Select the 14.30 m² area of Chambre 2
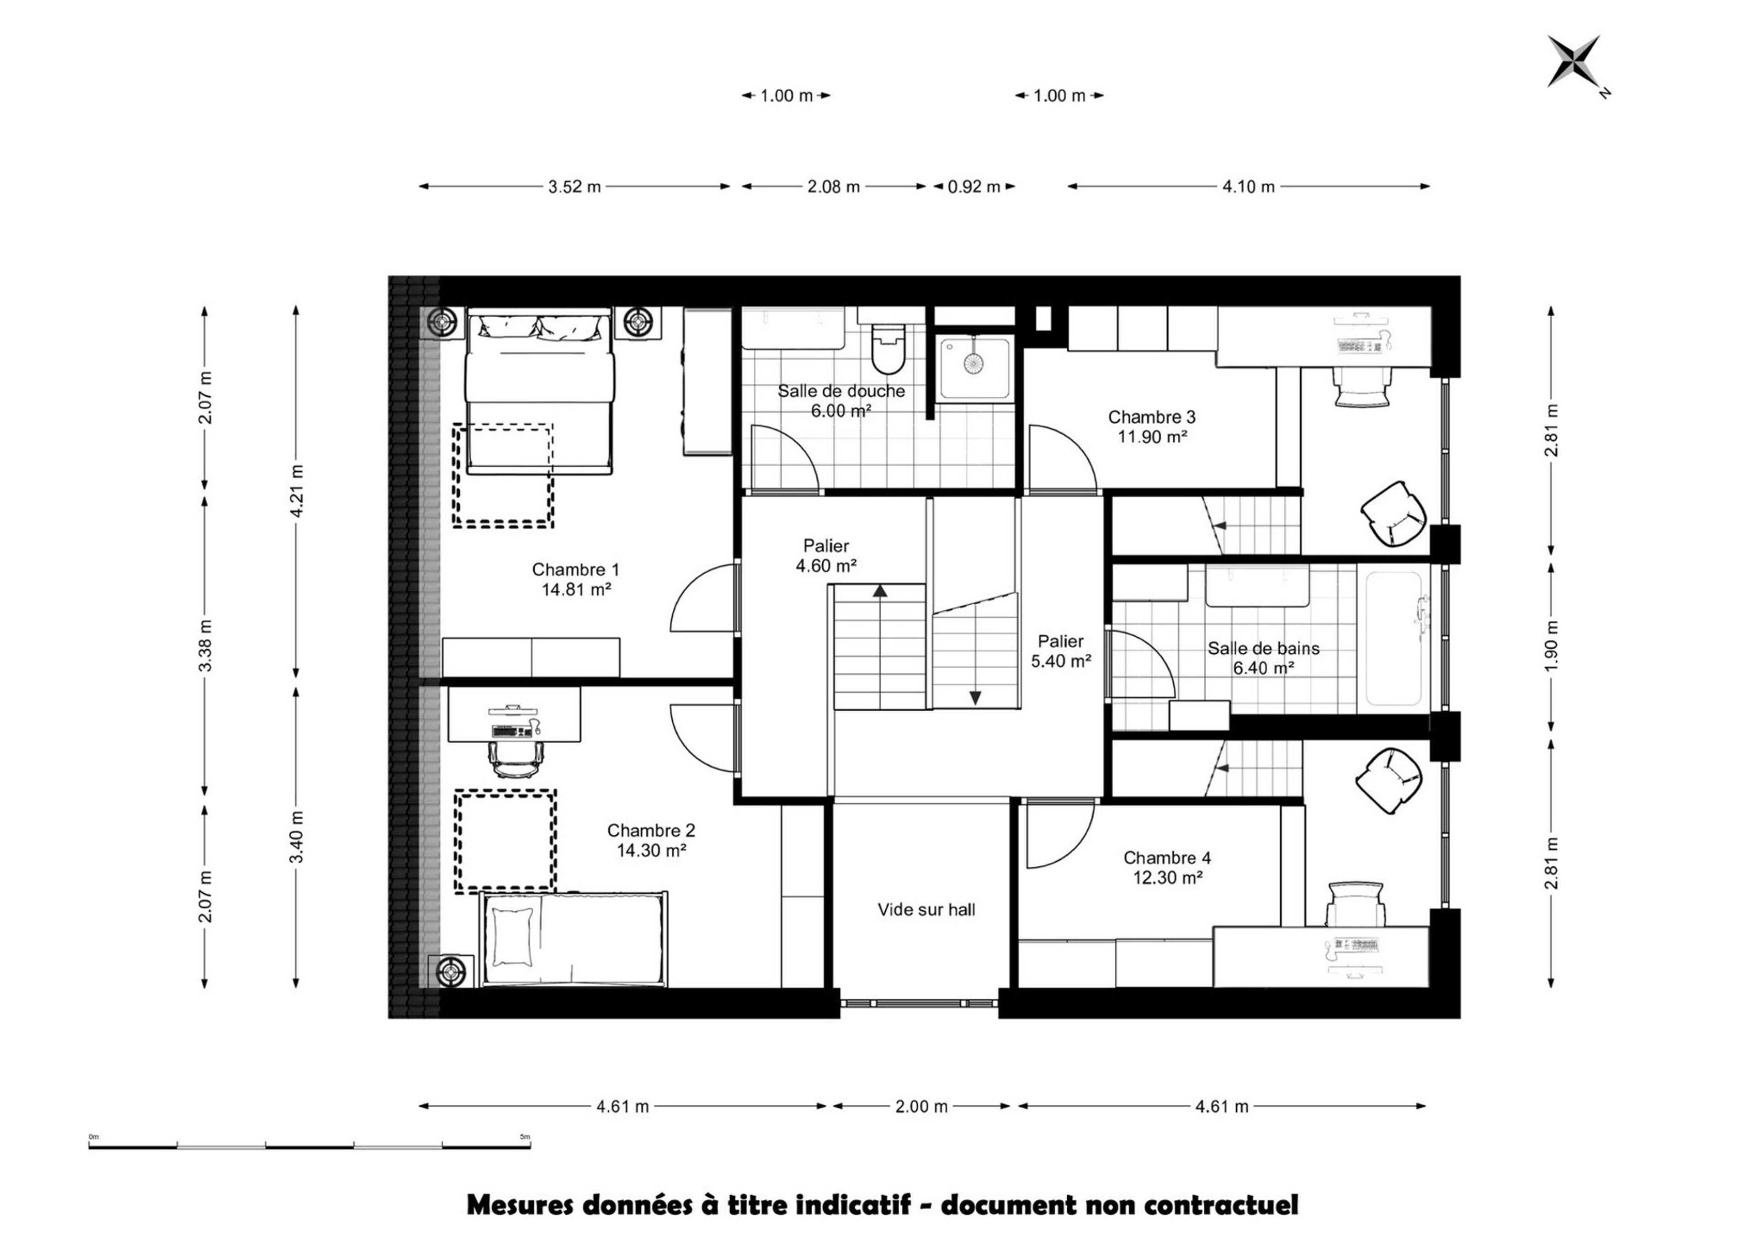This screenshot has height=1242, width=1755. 651,850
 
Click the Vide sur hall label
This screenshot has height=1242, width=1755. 926,909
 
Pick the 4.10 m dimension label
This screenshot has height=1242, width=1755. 1248,187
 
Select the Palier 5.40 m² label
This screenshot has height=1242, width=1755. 1061,651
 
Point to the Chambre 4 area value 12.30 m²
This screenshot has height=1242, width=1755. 1168,878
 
